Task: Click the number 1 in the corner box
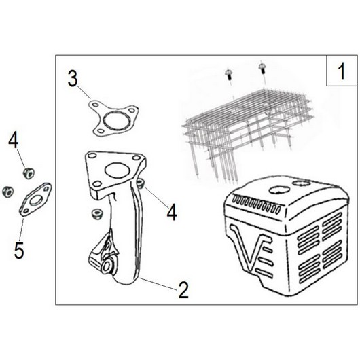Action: coord(342,71)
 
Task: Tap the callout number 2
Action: coord(183,290)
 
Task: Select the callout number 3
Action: coord(73,78)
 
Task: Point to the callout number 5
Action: coord(19,251)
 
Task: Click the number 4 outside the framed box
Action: coord(14,141)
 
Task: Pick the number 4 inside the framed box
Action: coord(172,213)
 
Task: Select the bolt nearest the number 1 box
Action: coord(262,69)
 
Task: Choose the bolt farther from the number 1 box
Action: coord(229,74)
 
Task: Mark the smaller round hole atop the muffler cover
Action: coord(301,183)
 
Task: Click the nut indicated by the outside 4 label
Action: coord(29,173)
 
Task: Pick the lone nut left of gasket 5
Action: coord(7,192)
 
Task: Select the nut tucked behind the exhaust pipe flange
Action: coord(141,183)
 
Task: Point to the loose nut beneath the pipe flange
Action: coord(96,214)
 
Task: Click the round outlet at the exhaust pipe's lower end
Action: coord(107,266)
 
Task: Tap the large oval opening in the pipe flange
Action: coord(116,170)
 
